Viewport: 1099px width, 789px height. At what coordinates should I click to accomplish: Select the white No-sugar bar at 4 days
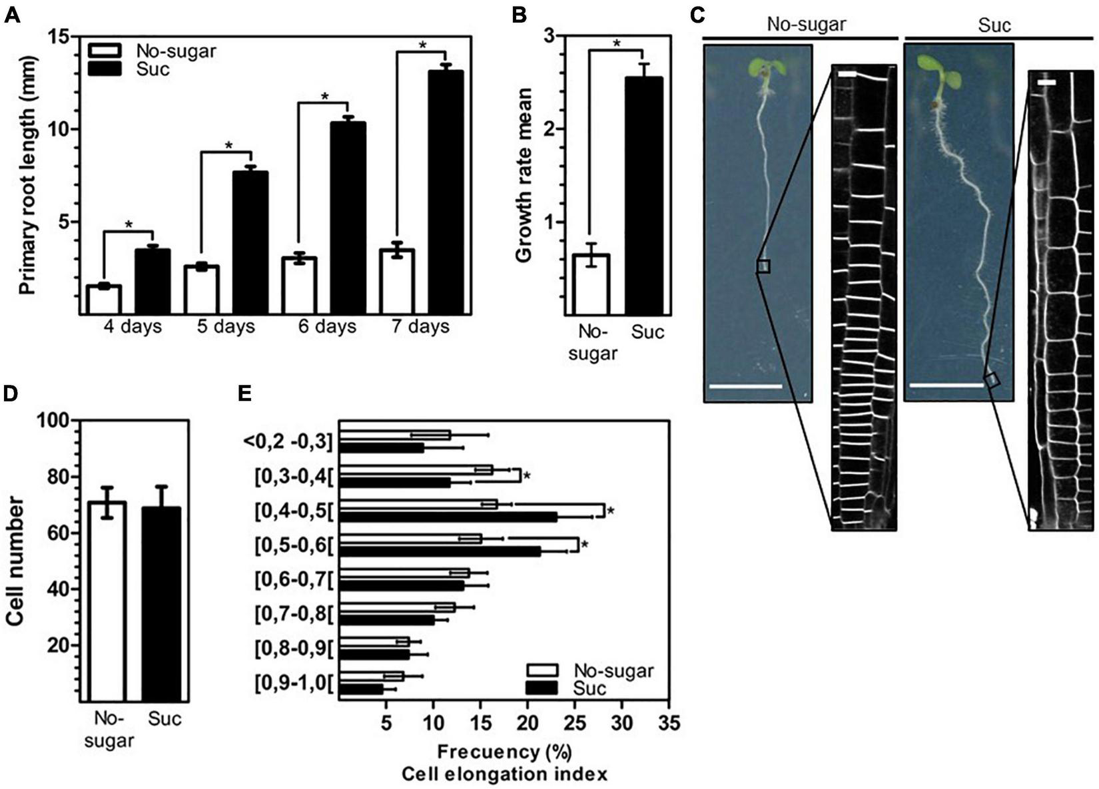(x=104, y=299)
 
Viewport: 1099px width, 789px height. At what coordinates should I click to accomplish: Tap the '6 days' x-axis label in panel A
(x=326, y=327)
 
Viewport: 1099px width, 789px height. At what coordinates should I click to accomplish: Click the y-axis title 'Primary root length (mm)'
(x=27, y=175)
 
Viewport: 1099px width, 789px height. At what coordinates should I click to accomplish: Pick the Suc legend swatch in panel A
(x=105, y=68)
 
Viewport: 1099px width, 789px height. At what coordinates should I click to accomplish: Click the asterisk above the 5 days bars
(x=228, y=145)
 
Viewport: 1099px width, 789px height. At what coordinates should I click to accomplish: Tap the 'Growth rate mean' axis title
(x=525, y=174)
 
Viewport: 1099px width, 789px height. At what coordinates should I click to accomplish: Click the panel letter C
(x=697, y=15)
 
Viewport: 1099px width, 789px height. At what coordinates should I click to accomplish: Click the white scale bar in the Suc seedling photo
(x=946, y=386)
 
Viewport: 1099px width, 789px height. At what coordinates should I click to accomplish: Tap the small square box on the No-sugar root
(x=763, y=266)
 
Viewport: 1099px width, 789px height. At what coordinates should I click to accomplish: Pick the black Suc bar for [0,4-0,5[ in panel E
(x=448, y=517)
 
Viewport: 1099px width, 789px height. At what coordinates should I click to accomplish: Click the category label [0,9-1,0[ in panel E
(x=292, y=682)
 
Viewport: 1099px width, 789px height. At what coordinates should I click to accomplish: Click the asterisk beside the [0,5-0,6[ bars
(x=584, y=545)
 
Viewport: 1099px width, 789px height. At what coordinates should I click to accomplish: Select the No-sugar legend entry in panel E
(x=590, y=670)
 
